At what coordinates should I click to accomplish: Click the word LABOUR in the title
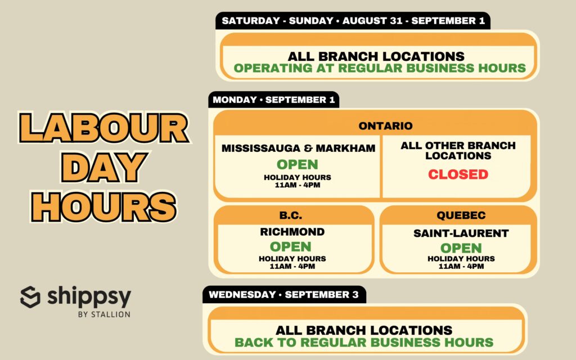pos(104,128)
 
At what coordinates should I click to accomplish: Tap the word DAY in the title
pos(104,168)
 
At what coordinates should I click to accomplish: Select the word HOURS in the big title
pos(104,207)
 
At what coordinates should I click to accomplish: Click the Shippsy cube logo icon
pos(30,297)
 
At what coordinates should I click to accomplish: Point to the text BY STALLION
pos(104,314)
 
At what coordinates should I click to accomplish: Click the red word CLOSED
pos(458,174)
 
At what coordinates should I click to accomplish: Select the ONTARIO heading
pos(385,126)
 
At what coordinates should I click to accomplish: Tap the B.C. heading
pos(291,215)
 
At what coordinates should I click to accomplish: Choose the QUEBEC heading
pos(461,215)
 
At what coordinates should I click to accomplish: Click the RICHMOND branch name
pos(292,232)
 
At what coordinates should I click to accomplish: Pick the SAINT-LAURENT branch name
pos(461,233)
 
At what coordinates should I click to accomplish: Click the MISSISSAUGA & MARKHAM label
pos(298,148)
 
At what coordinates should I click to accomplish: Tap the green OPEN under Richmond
pos(291,246)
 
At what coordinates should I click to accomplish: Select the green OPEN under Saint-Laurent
pos(461,248)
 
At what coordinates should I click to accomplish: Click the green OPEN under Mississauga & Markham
pos(298,164)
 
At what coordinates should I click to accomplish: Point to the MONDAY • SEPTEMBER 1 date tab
pos(274,100)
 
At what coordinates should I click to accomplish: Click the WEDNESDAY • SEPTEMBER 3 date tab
pos(284,295)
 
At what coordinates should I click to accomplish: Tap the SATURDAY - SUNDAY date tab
pos(353,21)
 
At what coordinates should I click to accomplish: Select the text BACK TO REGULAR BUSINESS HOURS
pos(364,343)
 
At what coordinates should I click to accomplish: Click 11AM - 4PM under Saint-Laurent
pos(461,266)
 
